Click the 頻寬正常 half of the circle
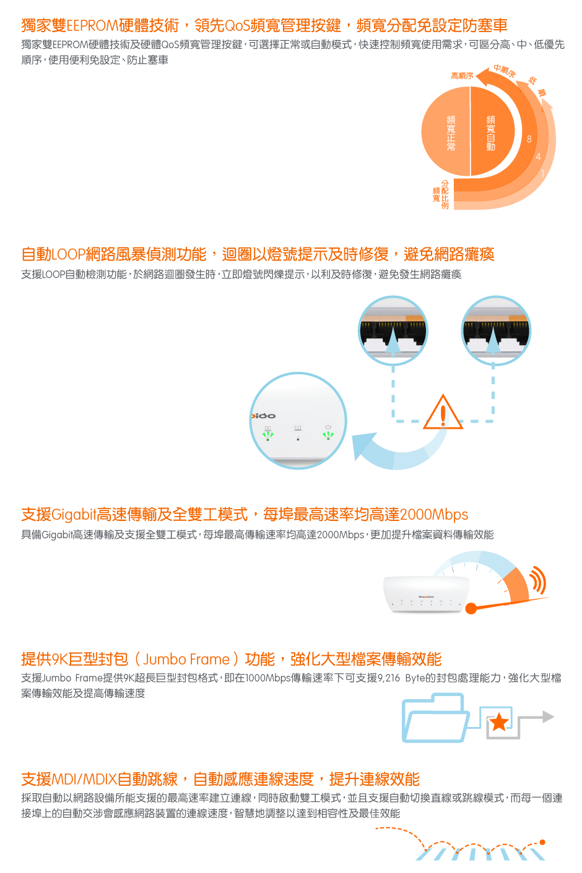click(445, 131)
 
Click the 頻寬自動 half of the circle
click(492, 131)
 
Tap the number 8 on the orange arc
click(529, 139)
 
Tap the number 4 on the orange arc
click(538, 157)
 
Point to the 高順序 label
click(462, 75)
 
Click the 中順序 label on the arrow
click(505, 71)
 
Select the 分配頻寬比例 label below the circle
click(441, 194)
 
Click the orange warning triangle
click(443, 412)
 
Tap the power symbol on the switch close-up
click(328, 427)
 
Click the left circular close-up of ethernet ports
click(393, 330)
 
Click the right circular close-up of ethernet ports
click(496, 330)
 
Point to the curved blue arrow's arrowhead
click(363, 445)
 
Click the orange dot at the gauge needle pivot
click(471, 608)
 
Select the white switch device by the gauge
click(427, 594)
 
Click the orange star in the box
click(499, 723)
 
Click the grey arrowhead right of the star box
click(548, 716)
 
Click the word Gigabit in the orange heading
click(74, 515)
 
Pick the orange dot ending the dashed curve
click(542, 843)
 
